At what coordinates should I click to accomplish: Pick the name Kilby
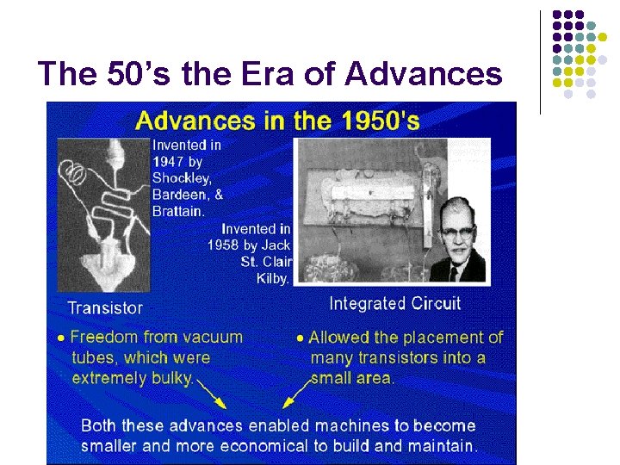pos(275,277)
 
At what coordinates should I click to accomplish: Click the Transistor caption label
pos(105,307)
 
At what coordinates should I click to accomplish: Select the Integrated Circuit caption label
pos(394,303)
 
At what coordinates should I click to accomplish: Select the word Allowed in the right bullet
pos(338,337)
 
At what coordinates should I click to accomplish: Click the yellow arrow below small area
pos(295,396)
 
